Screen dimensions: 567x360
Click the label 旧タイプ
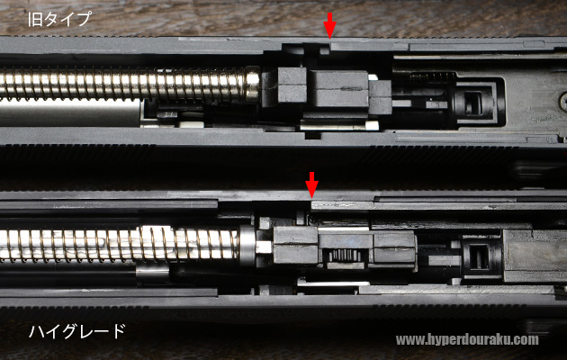pyautogui.click(x=59, y=19)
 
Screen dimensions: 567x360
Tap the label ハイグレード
pyautogui.click(x=77, y=331)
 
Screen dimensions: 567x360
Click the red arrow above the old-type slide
pyautogui.click(x=329, y=25)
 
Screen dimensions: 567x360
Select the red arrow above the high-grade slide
pyautogui.click(x=311, y=185)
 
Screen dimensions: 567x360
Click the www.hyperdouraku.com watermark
pyautogui.click(x=467, y=340)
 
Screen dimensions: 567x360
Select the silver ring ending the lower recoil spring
pyautogui.click(x=247, y=245)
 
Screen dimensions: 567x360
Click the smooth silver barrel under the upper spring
pyautogui.click(x=70, y=112)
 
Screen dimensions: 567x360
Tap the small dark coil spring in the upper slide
pyautogui.click(x=433, y=76)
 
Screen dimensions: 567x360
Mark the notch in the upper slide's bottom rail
pyautogui.click(x=313, y=136)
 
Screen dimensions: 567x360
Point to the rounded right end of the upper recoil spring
pyautogui.click(x=253, y=84)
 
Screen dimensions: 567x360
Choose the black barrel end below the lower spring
pyautogui.click(x=152, y=274)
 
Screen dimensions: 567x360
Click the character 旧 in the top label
pyautogui.click(x=35, y=19)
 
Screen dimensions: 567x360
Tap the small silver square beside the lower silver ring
pyautogui.click(x=264, y=247)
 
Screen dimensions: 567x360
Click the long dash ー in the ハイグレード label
pyautogui.click(x=100, y=330)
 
